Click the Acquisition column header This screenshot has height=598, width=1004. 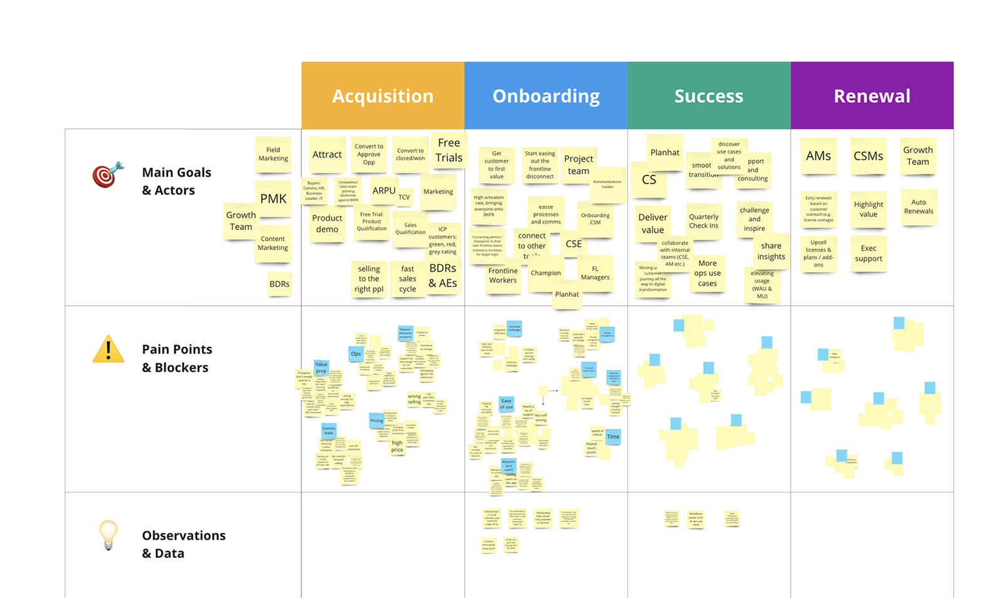[x=383, y=95]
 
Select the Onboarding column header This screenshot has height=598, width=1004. [x=546, y=95]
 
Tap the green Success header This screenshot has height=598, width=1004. [x=709, y=95]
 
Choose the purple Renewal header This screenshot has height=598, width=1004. [x=872, y=95]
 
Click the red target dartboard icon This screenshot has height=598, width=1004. [x=107, y=175]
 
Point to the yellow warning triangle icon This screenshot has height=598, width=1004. [x=108, y=350]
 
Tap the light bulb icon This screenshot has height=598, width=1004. [x=108, y=535]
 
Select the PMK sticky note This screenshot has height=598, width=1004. [x=274, y=199]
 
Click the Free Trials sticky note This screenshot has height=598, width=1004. [x=449, y=150]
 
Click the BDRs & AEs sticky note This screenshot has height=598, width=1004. [x=443, y=276]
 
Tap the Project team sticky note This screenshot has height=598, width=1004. [x=579, y=164]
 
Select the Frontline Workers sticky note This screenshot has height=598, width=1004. [x=503, y=276]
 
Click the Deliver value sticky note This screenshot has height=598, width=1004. [x=653, y=223]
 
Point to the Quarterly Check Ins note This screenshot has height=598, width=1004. [x=704, y=221]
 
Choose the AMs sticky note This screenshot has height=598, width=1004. [x=818, y=156]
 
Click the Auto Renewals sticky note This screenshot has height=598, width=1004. [x=919, y=206]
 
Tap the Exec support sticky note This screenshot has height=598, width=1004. [x=868, y=253]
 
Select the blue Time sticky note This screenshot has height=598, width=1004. [x=613, y=436]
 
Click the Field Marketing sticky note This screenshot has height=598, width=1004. [x=274, y=154]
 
